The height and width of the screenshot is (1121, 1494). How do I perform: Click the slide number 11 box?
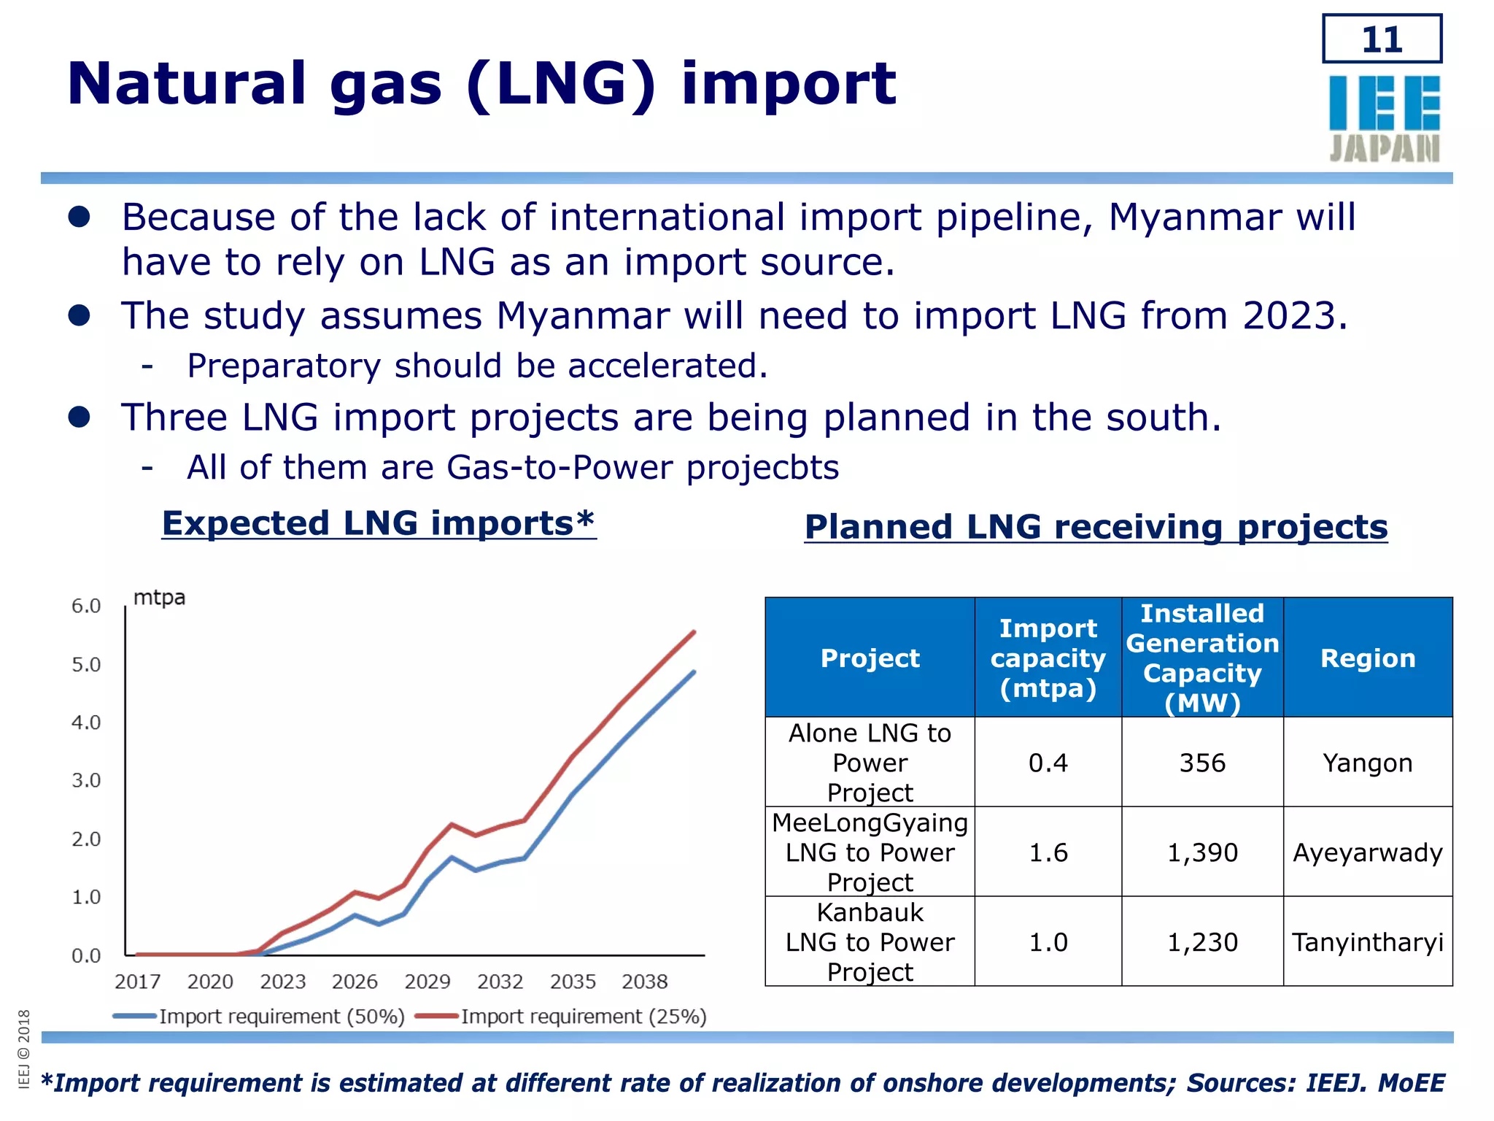1382,39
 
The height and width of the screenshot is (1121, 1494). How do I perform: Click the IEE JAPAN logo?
1384,119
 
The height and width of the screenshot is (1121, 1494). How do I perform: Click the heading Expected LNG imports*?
379,523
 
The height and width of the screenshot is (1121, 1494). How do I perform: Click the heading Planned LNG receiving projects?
1096,527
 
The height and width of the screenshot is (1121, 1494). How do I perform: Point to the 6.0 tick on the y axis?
86,606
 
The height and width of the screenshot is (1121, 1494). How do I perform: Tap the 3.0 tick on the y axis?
86,781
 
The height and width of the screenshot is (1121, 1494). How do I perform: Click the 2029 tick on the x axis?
427,982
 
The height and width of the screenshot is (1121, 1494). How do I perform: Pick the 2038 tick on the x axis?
644,982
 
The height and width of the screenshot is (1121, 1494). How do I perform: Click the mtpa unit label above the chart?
159,598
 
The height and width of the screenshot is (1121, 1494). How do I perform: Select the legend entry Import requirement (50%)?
281,1017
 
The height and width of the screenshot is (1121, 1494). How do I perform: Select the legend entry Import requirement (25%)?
583,1017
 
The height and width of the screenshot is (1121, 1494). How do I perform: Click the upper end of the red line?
693,632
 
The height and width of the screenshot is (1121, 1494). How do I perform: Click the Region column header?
1367,658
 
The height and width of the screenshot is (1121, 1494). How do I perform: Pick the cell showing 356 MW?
1202,763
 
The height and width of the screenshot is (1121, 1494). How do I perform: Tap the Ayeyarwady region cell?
1367,852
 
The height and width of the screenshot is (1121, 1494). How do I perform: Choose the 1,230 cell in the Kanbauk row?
1202,942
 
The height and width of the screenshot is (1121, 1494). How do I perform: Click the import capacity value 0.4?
1048,763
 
